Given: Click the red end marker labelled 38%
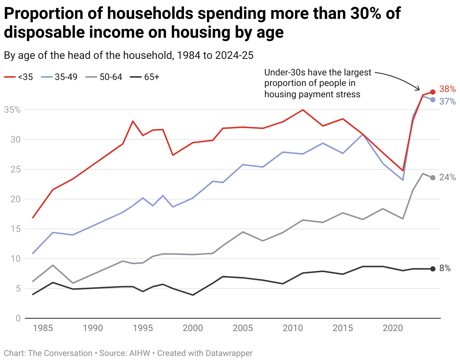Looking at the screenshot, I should pos(433,92).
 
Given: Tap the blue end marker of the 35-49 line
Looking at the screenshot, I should pos(433,100).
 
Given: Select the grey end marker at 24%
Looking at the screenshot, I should pos(433,178).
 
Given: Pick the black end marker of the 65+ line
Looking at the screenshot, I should pos(433,269).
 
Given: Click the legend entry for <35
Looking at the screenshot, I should pos(19,77).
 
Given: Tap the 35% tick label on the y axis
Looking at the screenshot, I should pos(12,110).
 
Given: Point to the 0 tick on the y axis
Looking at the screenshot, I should pos(18,318).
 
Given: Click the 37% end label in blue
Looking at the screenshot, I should pos(448,101).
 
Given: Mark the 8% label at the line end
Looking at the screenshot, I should pos(445,269).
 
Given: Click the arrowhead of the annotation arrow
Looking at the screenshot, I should pos(419,89).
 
